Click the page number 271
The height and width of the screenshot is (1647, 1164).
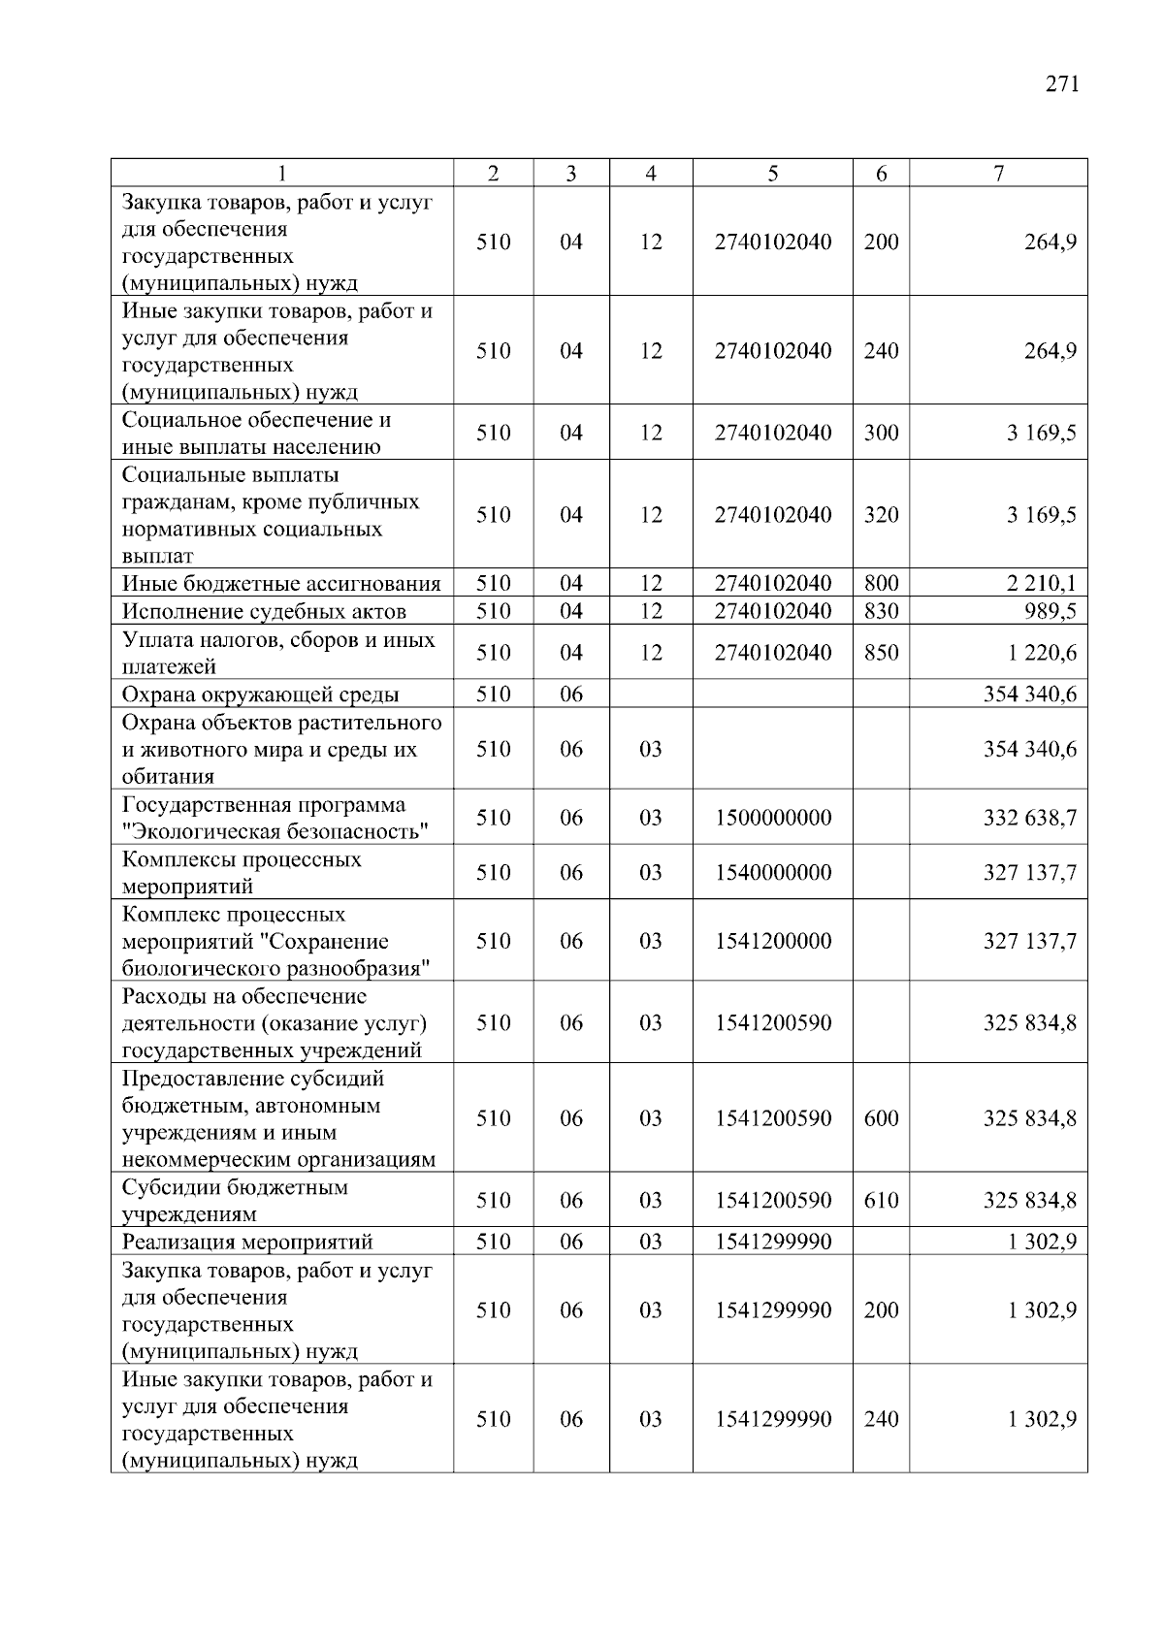tap(1062, 84)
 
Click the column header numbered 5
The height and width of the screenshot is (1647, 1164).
tap(772, 174)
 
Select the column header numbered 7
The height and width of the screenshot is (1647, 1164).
tap(998, 174)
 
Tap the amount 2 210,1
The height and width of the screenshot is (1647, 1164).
tap(1041, 584)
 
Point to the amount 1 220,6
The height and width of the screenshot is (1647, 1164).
tap(1042, 653)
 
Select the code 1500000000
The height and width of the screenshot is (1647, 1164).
tap(773, 818)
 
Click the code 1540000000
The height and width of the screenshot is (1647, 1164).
tap(773, 873)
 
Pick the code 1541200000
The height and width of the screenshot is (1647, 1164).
tap(773, 941)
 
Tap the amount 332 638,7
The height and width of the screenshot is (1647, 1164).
tap(1029, 818)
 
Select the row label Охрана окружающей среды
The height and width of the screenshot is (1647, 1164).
tap(260, 694)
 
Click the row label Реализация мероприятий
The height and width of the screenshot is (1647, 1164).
tap(247, 1243)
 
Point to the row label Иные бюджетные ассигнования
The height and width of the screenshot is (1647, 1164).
tap(281, 584)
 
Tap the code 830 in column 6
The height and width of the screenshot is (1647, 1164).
tap(881, 611)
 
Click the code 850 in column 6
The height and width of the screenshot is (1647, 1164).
tap(881, 653)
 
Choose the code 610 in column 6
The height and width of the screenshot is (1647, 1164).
tap(881, 1201)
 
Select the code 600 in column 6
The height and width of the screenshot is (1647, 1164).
tap(881, 1118)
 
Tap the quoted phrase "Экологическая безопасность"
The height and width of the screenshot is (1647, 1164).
tap(275, 832)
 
